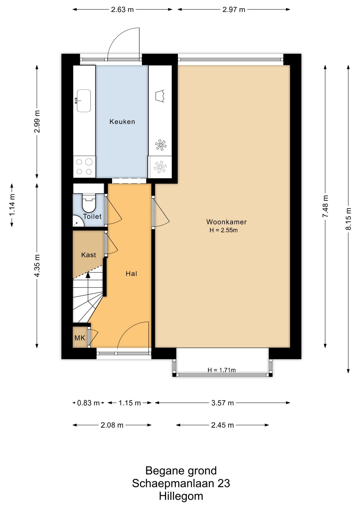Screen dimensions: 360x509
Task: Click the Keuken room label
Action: pos(122,122)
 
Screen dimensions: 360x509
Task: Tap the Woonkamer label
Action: pos(226,222)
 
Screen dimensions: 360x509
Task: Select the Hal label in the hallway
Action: pos(131,274)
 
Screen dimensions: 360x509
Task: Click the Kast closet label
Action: pos(89,255)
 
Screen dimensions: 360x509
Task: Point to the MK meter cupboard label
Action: pos(80,338)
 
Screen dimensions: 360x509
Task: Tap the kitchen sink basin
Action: pos(84,101)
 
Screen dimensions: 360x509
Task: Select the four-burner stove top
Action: pos(84,166)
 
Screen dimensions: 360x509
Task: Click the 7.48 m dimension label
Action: pos(325,206)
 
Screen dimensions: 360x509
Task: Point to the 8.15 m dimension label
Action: pos(348,219)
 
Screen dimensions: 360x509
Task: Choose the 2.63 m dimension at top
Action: pos(122,10)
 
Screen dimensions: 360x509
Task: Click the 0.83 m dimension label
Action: pos(88,403)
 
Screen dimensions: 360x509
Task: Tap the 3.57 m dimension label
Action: pos(222,403)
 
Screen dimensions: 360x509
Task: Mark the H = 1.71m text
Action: pos(222,370)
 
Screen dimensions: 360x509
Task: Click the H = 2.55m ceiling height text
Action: pos(223,230)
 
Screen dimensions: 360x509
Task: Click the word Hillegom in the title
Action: pos(181,496)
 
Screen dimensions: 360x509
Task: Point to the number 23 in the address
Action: pos(223,483)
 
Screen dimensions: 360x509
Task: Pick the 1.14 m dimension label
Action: pos(12,205)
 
